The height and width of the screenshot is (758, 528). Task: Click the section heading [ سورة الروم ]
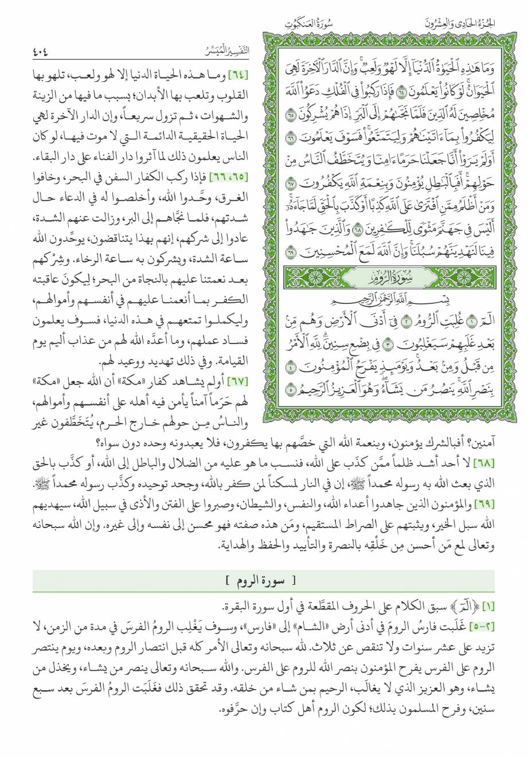click(x=263, y=583)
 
